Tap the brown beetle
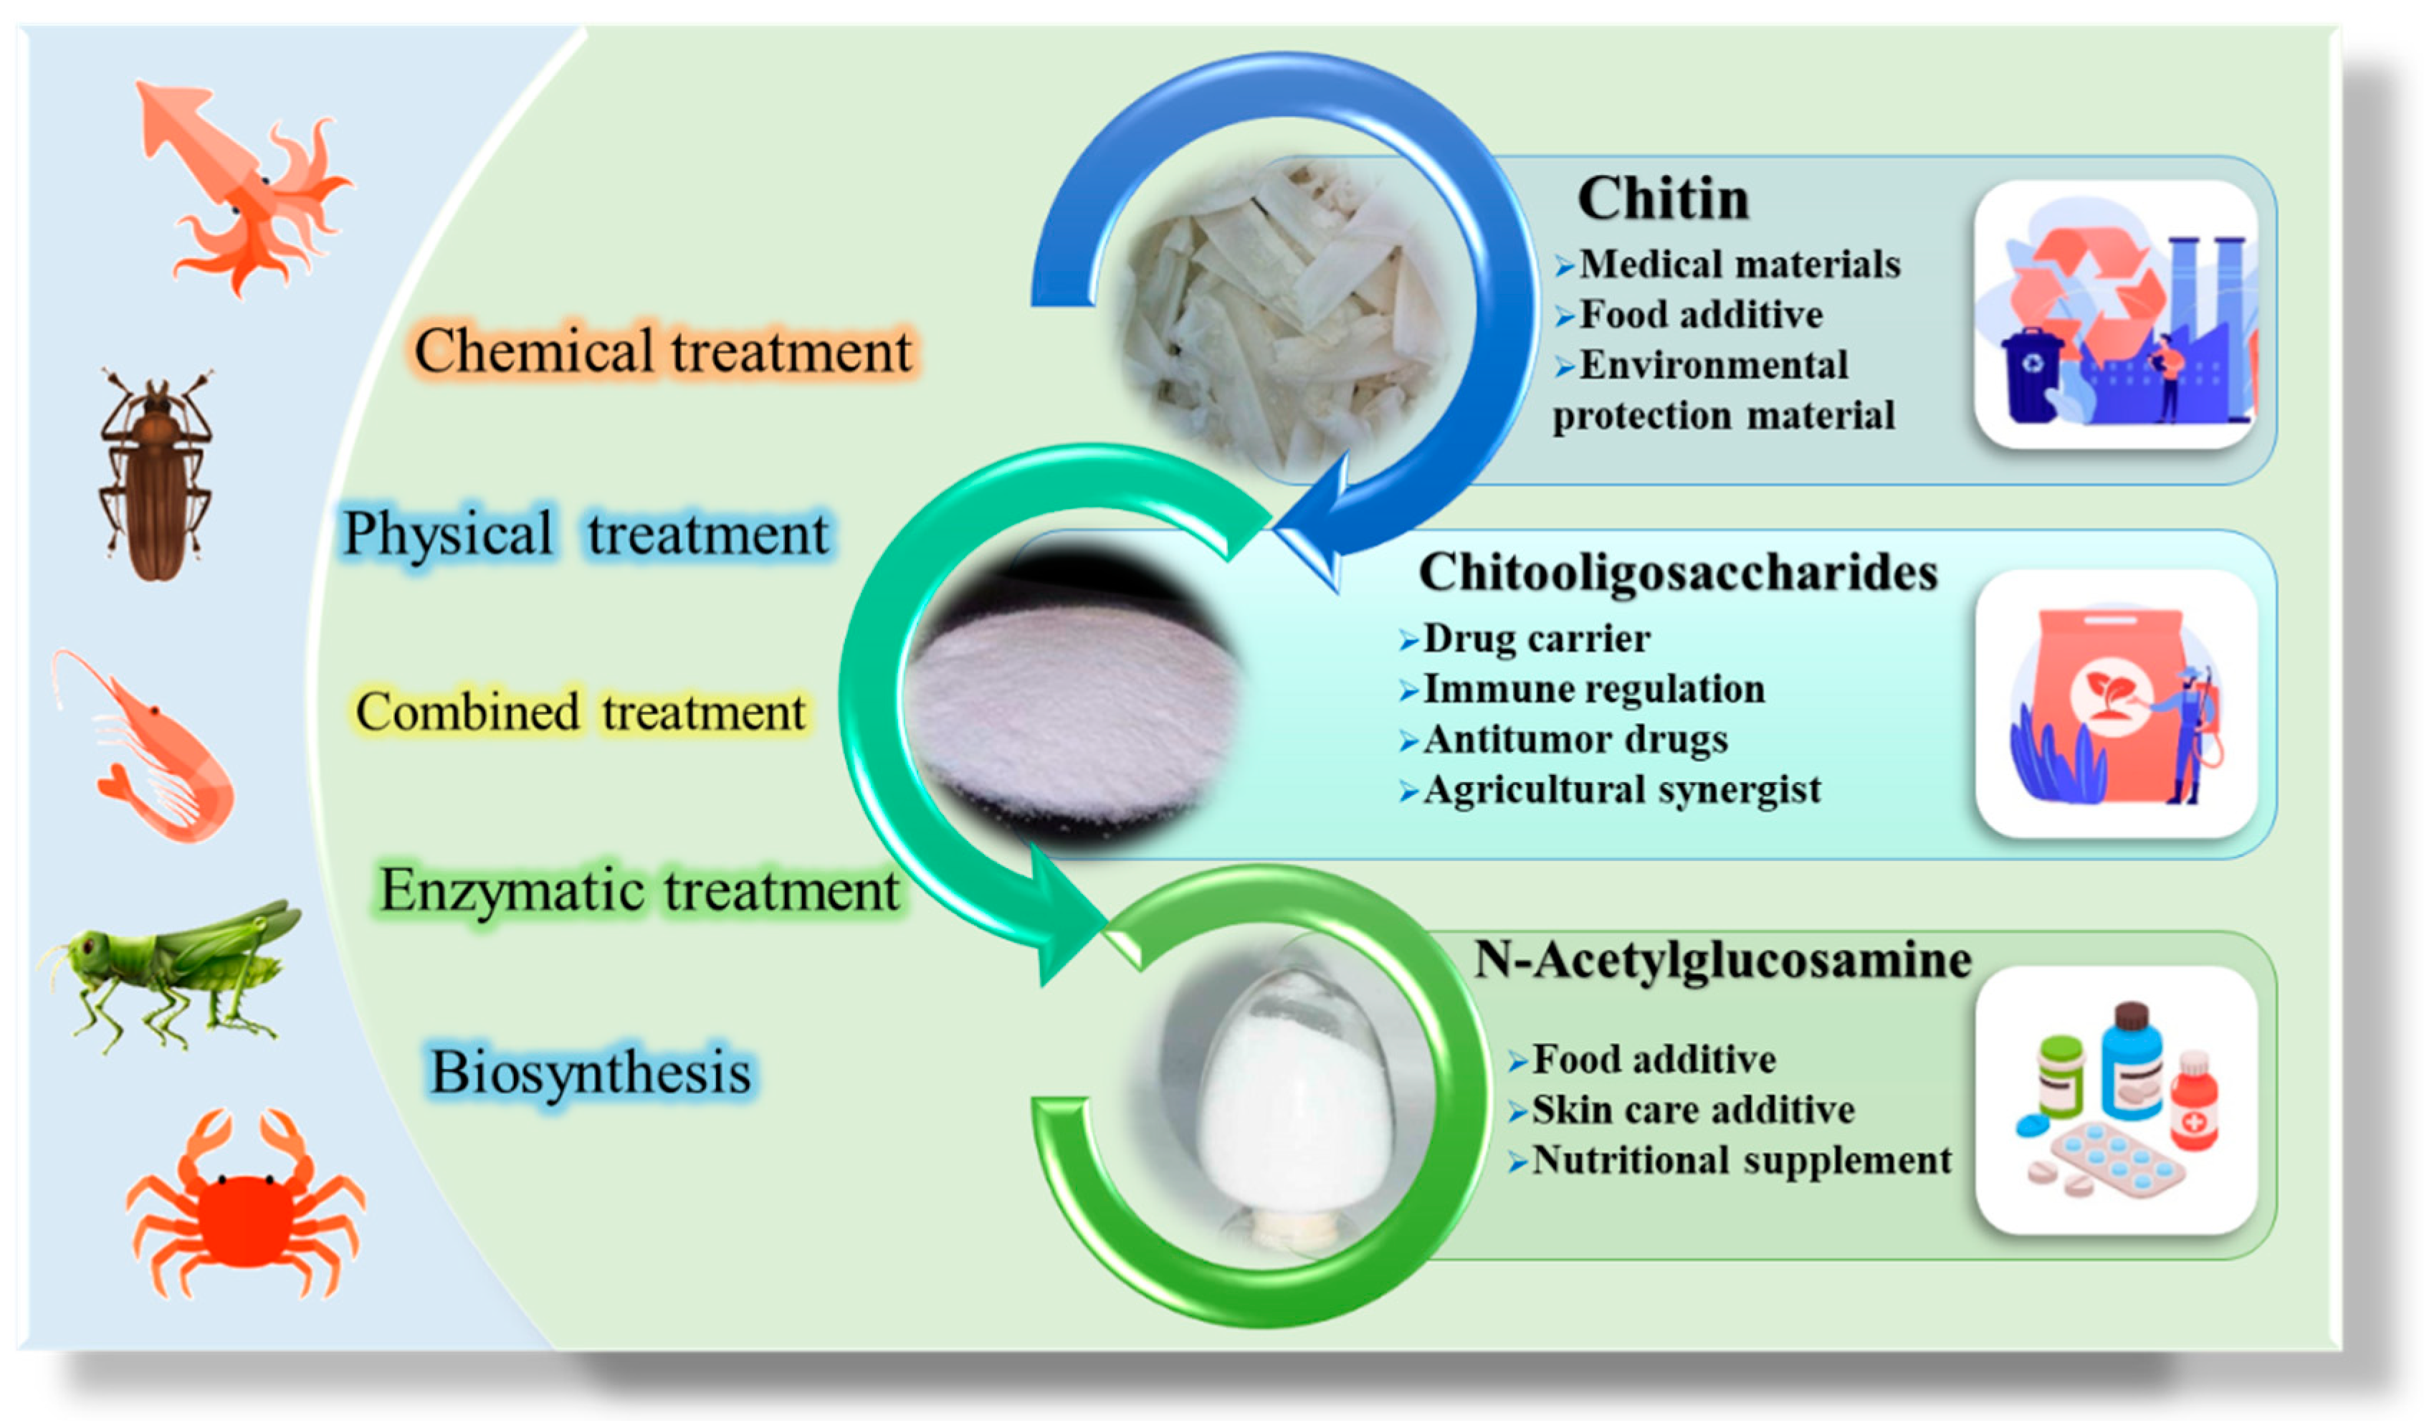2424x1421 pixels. (x=156, y=475)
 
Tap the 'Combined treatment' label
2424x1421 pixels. (x=580, y=713)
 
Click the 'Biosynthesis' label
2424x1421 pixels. (x=591, y=1072)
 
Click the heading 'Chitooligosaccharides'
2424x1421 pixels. (x=1679, y=572)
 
